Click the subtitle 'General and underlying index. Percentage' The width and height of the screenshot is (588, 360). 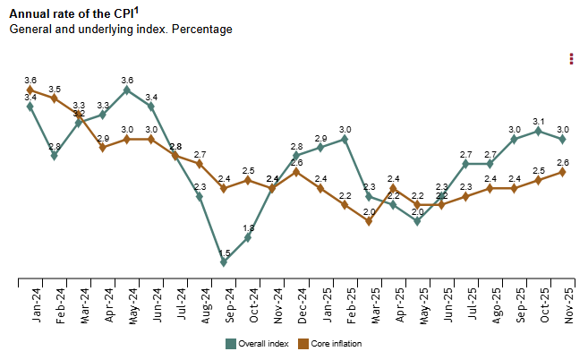click(121, 30)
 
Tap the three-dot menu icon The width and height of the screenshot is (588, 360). click(571, 59)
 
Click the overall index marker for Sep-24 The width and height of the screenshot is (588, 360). click(225, 262)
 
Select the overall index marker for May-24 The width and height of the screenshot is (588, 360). click(127, 90)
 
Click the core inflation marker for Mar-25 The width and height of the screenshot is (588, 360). click(369, 221)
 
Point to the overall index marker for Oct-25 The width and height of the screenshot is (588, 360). click(538, 131)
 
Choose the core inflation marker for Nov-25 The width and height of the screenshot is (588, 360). click(562, 172)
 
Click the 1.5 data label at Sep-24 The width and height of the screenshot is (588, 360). click(225, 253)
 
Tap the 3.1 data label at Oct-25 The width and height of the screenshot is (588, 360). click(538, 121)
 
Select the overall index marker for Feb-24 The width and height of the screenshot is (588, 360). click(55, 156)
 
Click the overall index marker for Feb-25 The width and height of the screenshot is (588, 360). click(345, 139)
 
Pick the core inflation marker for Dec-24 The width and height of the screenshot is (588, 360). click(296, 172)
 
